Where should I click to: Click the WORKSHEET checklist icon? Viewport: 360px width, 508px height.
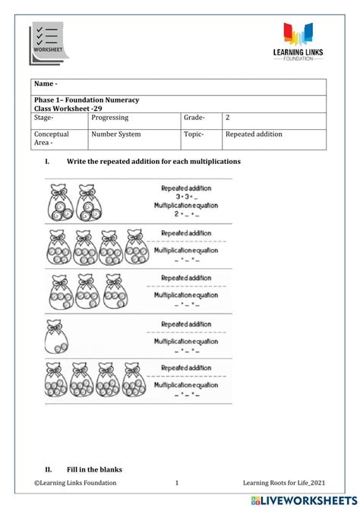point(47,40)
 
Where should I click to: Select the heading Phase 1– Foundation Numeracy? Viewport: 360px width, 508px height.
point(86,99)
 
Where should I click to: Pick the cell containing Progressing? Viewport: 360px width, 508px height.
point(110,118)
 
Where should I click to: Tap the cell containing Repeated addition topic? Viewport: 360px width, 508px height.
point(254,134)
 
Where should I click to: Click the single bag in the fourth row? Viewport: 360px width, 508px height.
point(57,336)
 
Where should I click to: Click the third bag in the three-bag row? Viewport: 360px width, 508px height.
point(110,292)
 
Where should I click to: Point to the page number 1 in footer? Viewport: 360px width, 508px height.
point(177,483)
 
